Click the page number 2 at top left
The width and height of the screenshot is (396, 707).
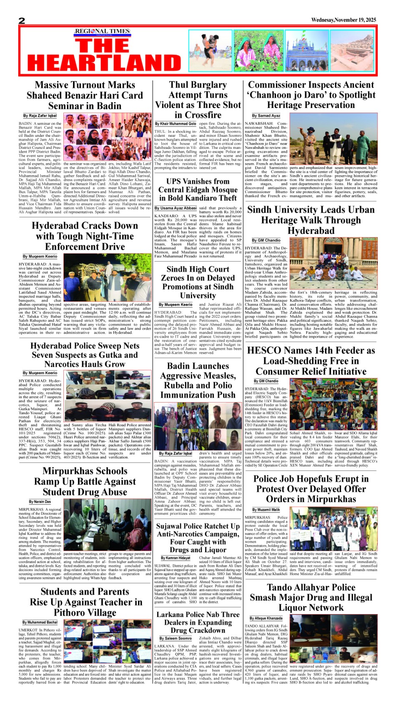(22, 20)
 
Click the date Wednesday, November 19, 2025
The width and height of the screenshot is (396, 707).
(343, 20)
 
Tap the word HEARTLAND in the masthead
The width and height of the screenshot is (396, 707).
(105, 63)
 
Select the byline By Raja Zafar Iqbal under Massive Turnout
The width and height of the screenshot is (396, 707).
(40, 116)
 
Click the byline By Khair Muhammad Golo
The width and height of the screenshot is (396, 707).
(175, 124)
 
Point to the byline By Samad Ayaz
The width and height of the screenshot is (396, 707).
(266, 116)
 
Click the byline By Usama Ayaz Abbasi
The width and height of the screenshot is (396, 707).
(175, 208)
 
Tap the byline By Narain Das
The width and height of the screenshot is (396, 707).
(40, 502)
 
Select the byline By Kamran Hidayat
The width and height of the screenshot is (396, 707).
(175, 558)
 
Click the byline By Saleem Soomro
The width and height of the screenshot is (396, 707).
(175, 638)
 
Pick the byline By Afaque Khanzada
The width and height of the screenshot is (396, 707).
(266, 618)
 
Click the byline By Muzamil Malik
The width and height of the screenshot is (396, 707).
(266, 510)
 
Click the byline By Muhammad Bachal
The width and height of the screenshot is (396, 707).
(40, 622)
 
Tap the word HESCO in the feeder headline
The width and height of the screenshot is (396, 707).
(264, 350)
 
